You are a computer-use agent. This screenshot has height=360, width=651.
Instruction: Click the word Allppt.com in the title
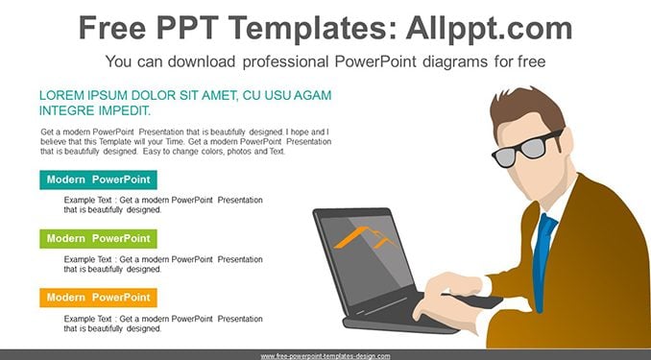tap(489, 29)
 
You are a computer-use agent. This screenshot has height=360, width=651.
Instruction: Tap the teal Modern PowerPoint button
tap(98, 180)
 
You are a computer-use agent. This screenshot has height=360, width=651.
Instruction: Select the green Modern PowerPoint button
tap(98, 239)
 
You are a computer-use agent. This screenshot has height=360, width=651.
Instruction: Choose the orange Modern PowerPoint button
tap(98, 298)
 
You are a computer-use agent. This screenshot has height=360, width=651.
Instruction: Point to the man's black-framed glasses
tap(527, 148)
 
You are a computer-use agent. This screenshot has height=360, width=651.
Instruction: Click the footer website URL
tap(325, 356)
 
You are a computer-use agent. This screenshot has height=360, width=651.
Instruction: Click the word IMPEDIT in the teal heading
tap(125, 111)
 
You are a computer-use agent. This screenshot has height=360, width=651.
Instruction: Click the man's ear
tap(567, 142)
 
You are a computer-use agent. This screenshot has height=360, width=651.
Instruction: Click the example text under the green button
tap(163, 264)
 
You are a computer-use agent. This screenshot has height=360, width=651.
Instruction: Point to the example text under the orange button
tap(163, 324)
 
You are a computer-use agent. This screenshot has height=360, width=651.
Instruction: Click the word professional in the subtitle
tap(285, 61)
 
